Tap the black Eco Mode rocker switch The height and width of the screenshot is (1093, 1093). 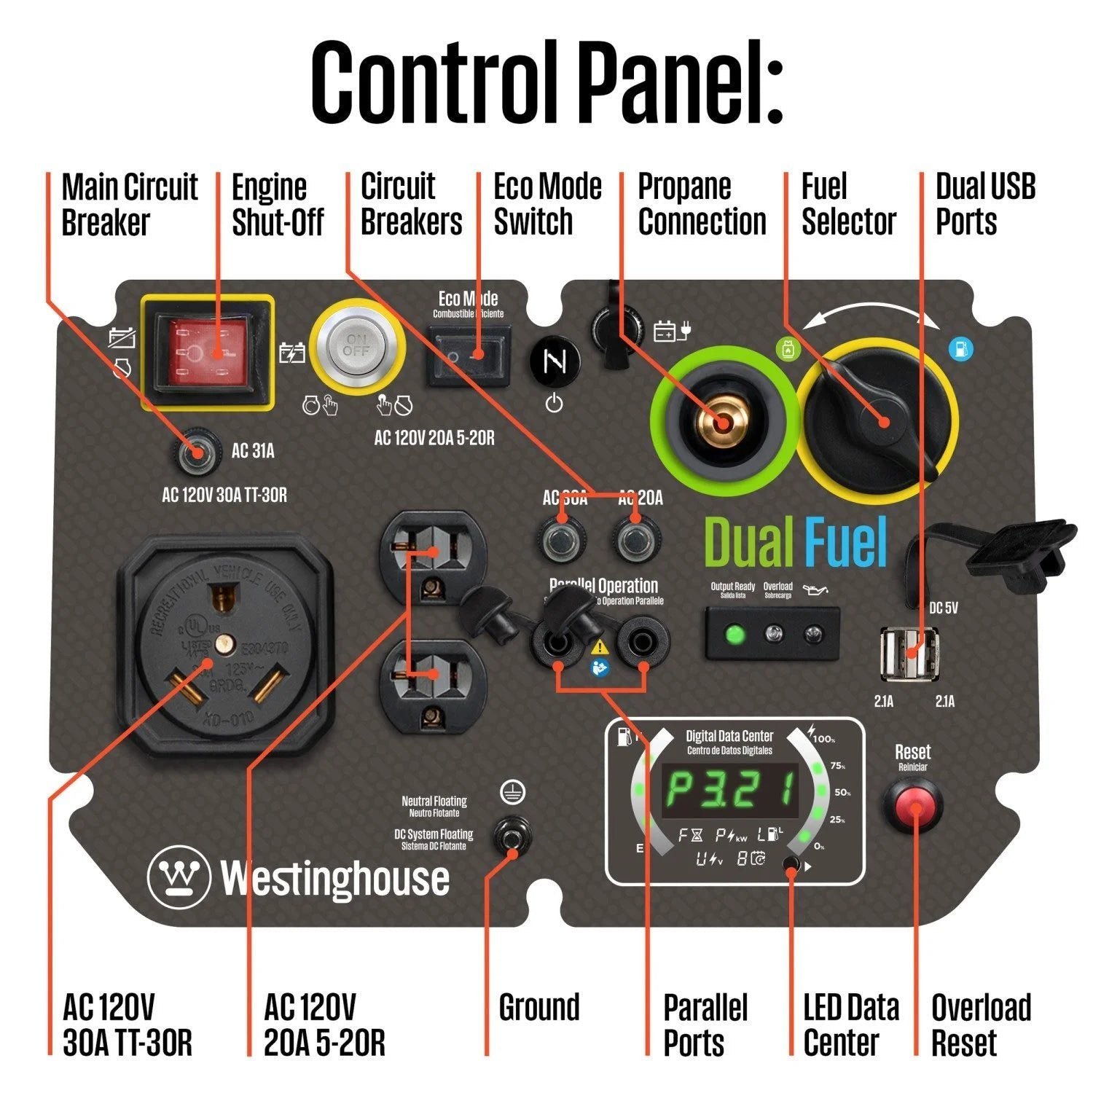(x=467, y=355)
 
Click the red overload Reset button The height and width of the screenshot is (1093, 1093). (x=912, y=807)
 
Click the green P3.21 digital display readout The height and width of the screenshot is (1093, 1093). (x=729, y=791)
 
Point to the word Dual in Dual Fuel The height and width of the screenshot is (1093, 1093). (x=749, y=542)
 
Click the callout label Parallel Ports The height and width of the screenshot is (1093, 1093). (x=705, y=1025)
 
